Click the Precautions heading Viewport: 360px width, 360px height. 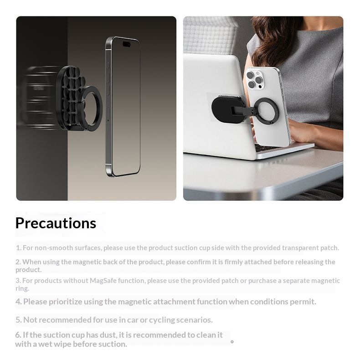(x=56, y=223)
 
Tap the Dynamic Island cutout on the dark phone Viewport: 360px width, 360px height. (x=127, y=44)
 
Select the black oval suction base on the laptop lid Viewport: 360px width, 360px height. (x=226, y=109)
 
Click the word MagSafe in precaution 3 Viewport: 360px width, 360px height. (x=103, y=281)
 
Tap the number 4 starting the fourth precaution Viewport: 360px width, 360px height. (x=18, y=302)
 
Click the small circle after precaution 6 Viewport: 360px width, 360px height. (x=232, y=342)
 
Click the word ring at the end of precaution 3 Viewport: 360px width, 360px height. (x=22, y=288)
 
